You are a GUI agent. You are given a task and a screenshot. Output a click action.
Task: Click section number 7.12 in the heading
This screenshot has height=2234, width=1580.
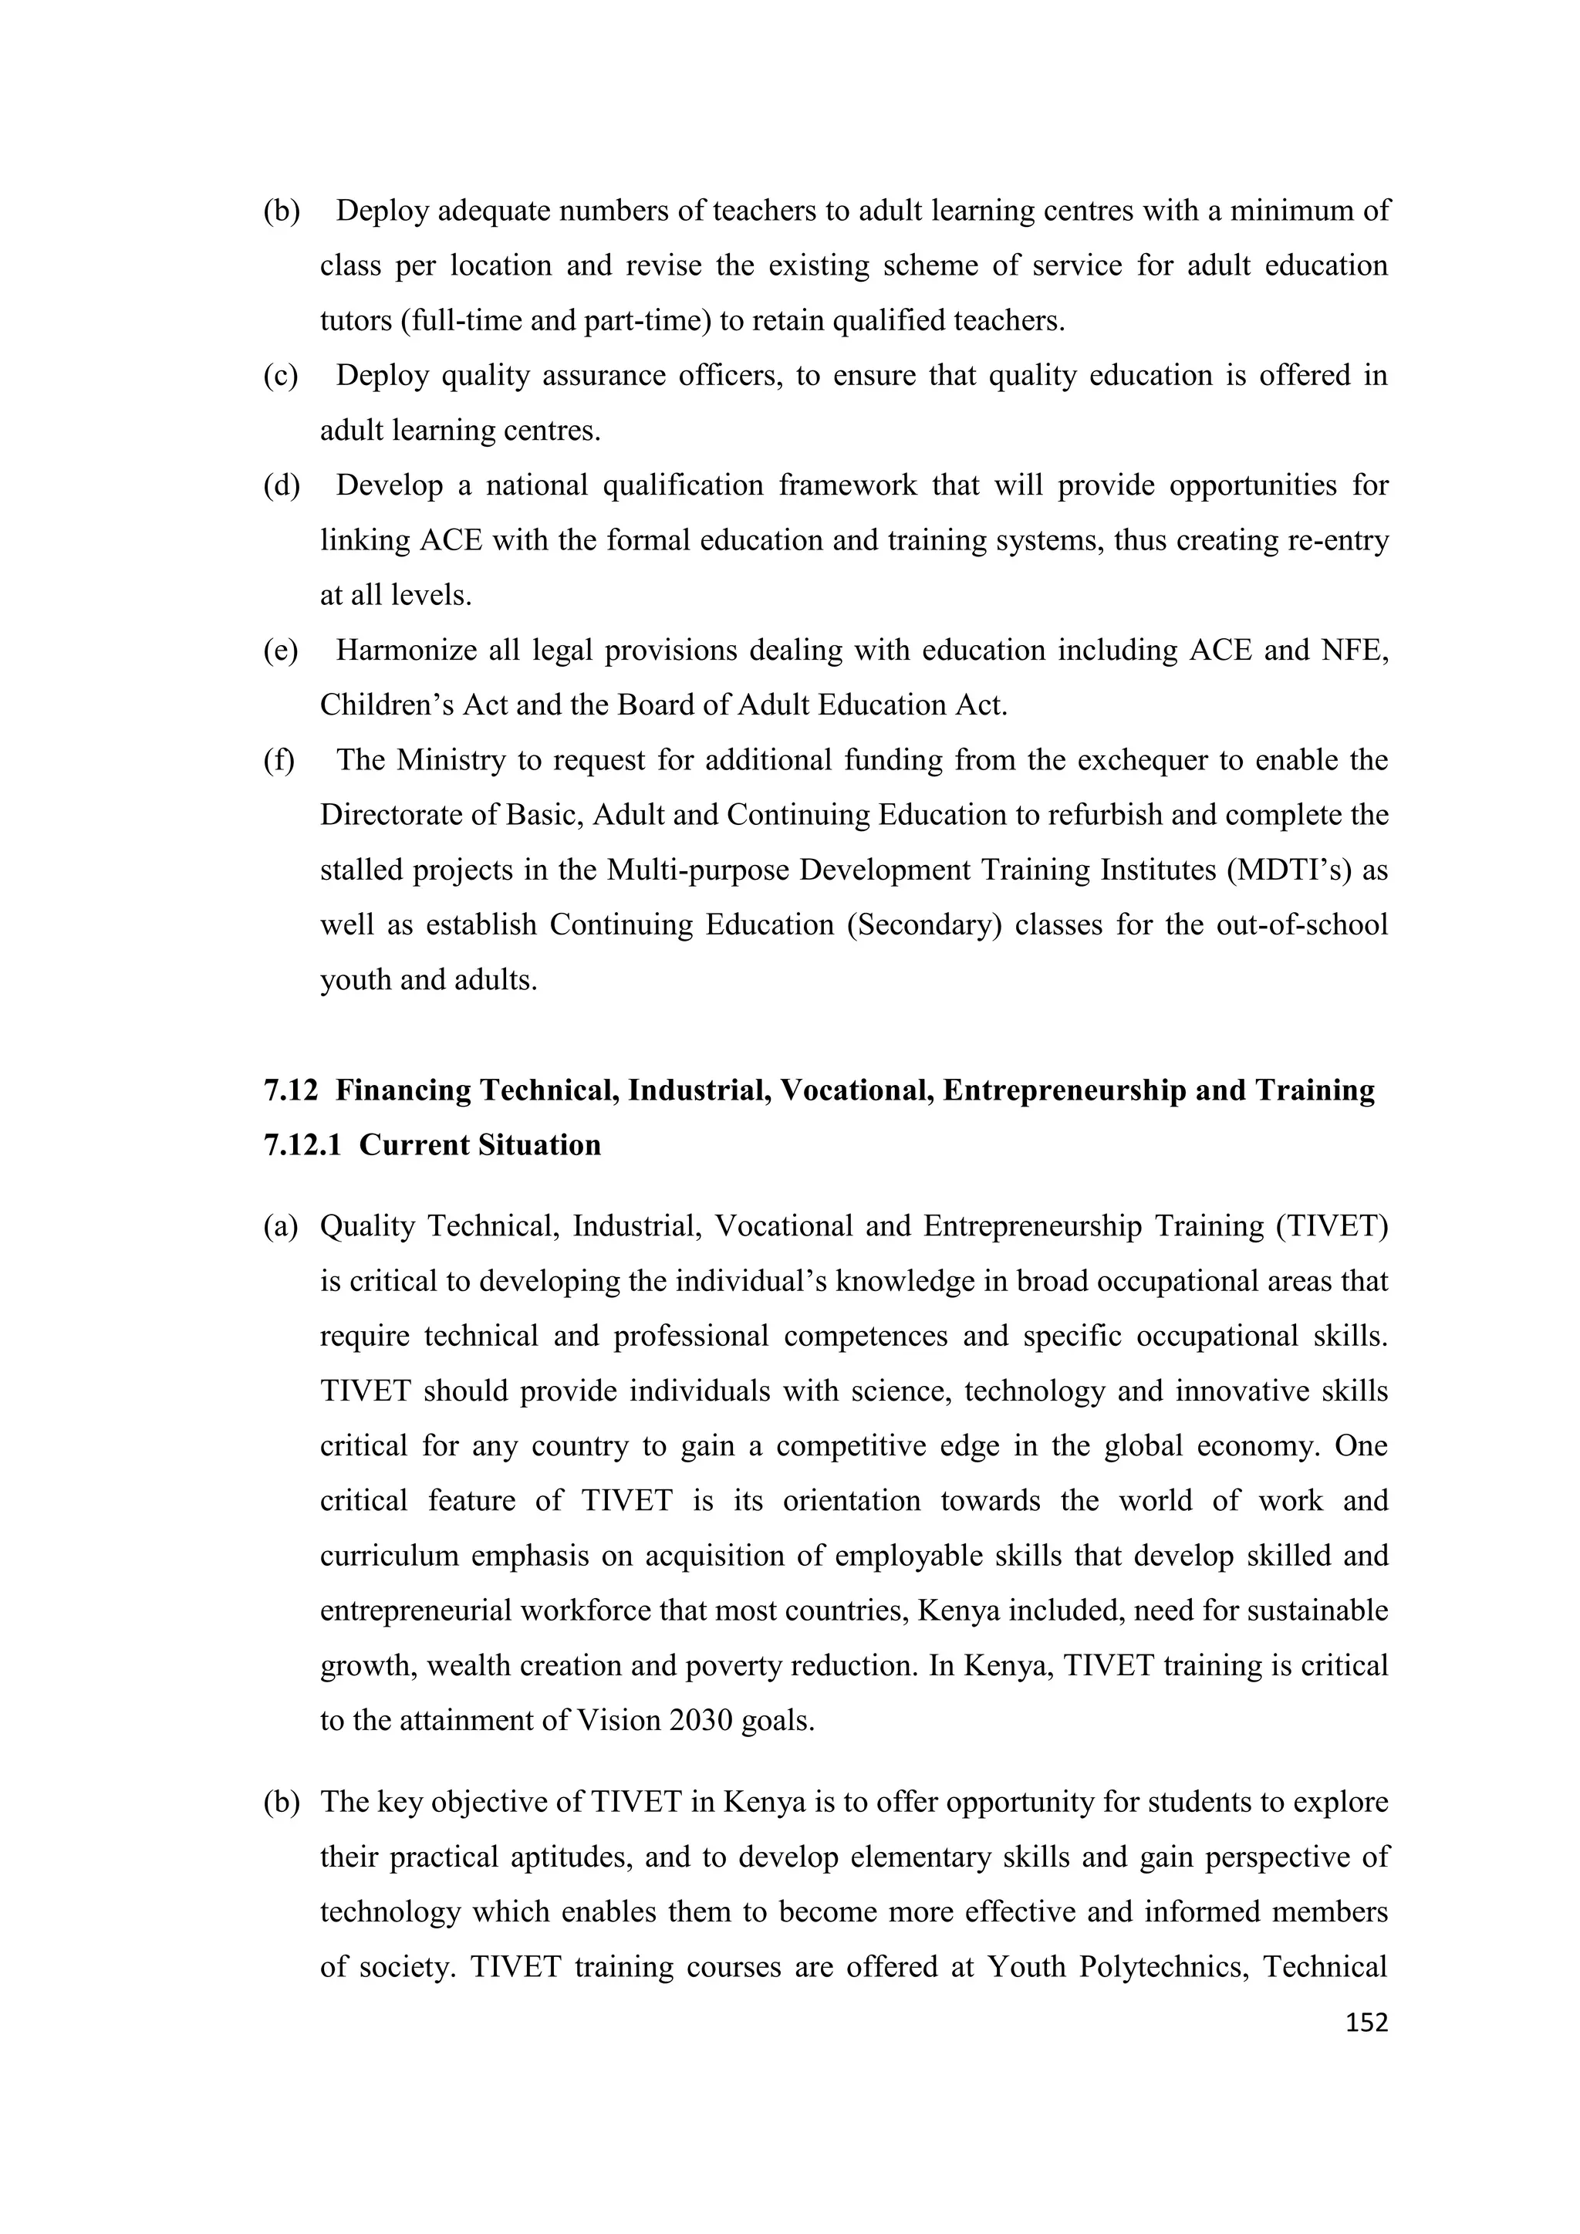click(x=290, y=1090)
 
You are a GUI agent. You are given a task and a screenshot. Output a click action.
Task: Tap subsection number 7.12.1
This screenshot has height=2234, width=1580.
click(x=302, y=1145)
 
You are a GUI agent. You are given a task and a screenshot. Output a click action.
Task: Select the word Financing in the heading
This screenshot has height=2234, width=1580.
click(x=400, y=1090)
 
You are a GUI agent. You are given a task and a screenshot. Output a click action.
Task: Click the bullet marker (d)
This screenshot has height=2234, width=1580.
click(x=281, y=485)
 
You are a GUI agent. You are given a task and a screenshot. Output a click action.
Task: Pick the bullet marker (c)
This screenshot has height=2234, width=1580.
click(x=280, y=377)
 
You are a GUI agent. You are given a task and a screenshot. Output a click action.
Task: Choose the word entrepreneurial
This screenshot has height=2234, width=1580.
click(x=415, y=1611)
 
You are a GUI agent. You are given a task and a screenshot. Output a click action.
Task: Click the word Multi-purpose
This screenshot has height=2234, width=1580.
click(x=697, y=870)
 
